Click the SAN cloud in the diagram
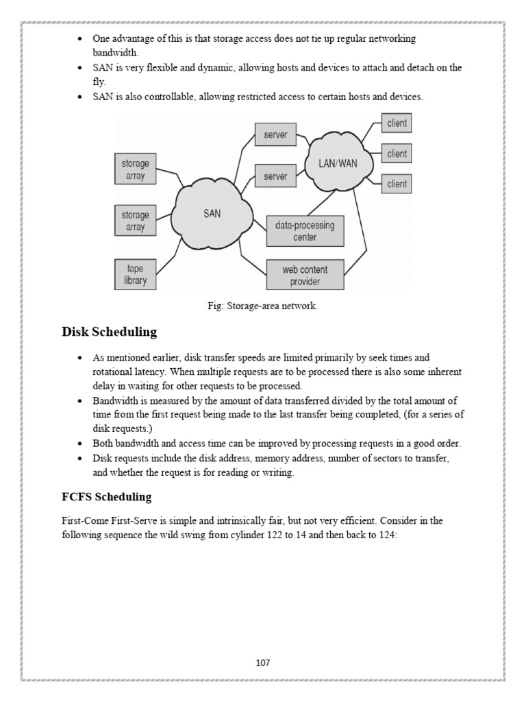[212, 214]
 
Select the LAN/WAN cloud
[340, 163]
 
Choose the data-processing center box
[305, 231]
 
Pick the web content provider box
[305, 276]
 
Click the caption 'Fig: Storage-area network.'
[263, 306]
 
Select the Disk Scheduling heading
[110, 332]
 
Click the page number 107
[263, 662]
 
